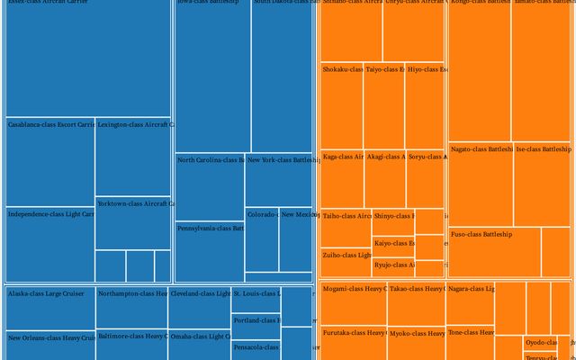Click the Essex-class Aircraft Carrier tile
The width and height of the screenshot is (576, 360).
pos(87,58)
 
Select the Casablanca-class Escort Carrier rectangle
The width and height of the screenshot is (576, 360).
pos(49,162)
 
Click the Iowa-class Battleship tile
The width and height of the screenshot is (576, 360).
pos(212,76)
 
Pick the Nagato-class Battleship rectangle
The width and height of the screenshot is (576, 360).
pos(480,184)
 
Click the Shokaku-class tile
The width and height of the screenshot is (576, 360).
pos(341,105)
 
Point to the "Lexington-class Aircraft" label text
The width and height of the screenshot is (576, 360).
pos(136,124)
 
